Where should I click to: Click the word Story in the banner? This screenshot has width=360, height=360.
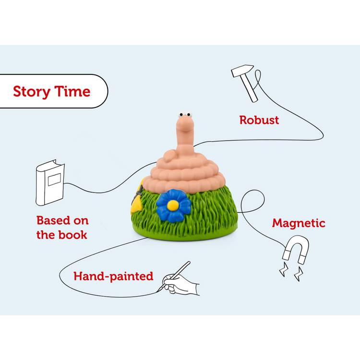pos(32,92)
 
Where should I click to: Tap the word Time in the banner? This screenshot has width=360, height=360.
pos(72,91)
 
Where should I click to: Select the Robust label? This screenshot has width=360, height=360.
pos(259,120)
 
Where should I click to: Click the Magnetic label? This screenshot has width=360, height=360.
pos(299,223)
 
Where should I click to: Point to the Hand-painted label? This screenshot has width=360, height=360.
pos(113,276)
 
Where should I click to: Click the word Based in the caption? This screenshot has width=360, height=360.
pos(53,220)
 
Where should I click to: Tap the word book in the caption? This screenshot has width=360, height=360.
pos(72,235)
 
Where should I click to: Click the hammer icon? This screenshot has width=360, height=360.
pos(245,83)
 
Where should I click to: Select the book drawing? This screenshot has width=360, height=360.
pos(50,182)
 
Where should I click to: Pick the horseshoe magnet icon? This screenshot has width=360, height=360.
pos(296,249)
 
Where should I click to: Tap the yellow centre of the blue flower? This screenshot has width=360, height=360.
pos(173,205)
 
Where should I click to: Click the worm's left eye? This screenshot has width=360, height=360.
pos(181,115)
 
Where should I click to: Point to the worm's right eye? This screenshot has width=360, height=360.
pos(189,115)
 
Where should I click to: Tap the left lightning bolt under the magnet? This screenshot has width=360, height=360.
pos(284,269)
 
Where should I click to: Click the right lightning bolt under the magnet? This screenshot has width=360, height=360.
pos(299,274)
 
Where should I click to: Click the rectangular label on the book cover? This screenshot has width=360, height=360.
pos(54,180)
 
